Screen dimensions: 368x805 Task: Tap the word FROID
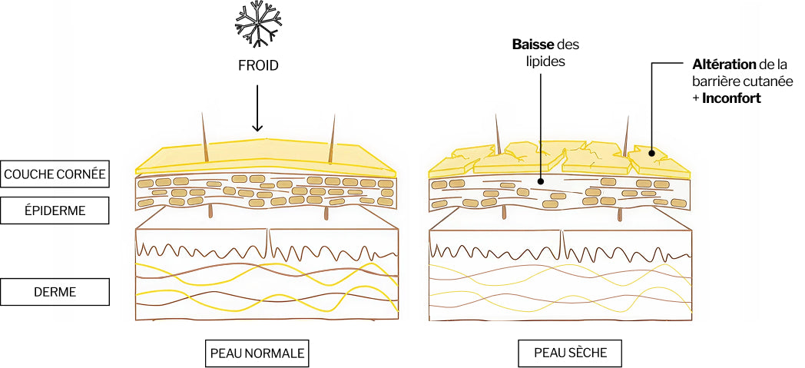tap(257, 66)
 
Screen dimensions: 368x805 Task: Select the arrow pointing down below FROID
tap(257, 108)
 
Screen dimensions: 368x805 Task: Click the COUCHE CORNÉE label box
tap(54, 174)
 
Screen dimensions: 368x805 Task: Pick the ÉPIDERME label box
tap(54, 208)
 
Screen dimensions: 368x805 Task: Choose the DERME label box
tap(54, 291)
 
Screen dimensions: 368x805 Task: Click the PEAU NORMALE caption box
tap(257, 353)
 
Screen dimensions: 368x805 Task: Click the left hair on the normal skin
tap(204, 138)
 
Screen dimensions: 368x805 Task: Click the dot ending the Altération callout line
tap(653, 154)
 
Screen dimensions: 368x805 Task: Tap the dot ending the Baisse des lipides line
tap(540, 182)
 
